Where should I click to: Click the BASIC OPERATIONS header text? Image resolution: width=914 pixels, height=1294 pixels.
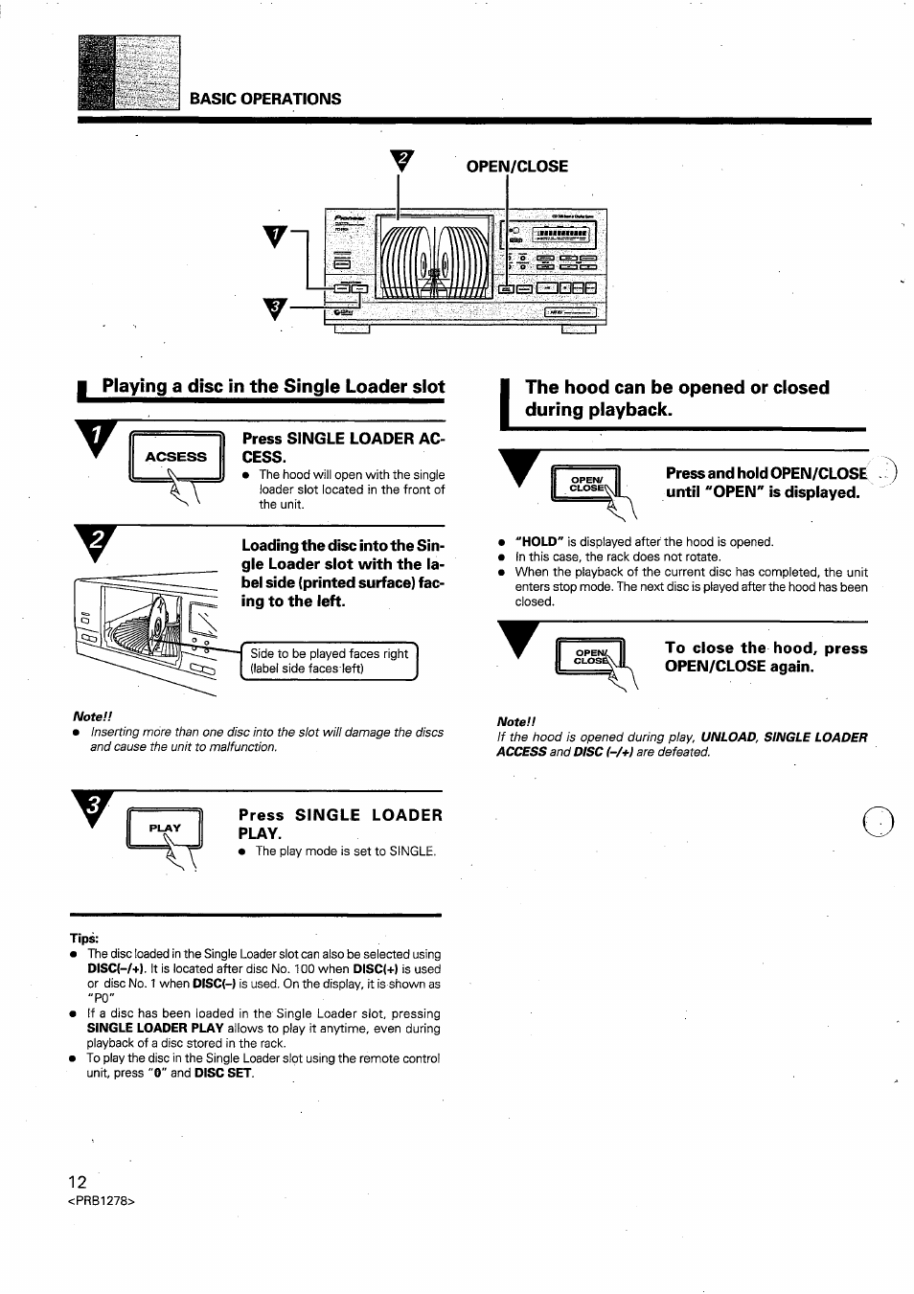pos(264,99)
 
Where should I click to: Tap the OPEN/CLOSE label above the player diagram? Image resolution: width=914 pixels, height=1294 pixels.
pos(516,167)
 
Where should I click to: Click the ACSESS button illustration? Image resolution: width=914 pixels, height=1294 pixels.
pos(175,458)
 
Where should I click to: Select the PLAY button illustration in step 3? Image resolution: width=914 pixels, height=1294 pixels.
pos(165,829)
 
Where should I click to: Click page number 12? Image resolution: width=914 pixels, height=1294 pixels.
pos(78,1182)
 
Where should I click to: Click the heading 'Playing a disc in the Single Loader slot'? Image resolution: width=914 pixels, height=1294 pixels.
pos(273,387)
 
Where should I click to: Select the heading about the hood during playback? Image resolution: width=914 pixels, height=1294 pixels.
pos(676,398)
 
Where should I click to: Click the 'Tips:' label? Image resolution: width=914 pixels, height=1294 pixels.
pos(84,938)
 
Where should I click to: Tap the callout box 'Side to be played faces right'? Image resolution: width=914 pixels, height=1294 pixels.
pos(329,661)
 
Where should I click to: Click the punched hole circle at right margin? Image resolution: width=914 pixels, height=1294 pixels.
pos(878,823)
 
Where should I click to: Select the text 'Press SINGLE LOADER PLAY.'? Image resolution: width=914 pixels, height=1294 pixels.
pos(340,824)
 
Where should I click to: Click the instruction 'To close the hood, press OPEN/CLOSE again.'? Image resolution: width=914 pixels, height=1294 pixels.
pos(765,657)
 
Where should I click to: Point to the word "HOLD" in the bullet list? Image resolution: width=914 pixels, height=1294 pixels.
pos(537,542)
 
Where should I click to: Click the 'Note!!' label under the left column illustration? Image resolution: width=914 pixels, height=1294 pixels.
pos(93,716)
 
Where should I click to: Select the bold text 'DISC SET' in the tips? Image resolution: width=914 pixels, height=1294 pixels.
pos(224,1074)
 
